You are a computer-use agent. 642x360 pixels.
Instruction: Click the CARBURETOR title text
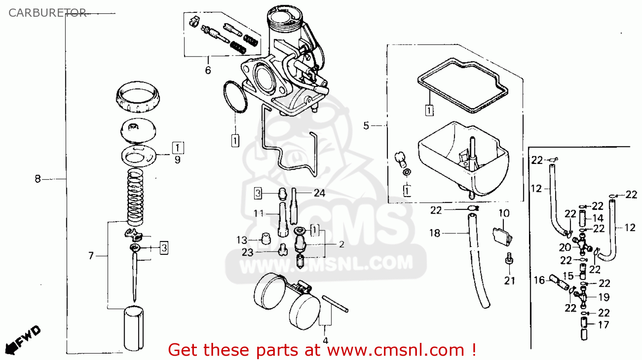(x=47, y=13)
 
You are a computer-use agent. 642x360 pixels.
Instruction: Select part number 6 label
(x=208, y=70)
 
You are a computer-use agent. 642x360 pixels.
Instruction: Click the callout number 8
(x=38, y=179)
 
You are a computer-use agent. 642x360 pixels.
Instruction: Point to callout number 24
(x=319, y=193)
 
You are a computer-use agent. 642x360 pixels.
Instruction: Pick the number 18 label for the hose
(x=434, y=233)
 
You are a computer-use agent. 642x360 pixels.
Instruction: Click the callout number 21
(x=509, y=280)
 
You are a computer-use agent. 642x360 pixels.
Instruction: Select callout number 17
(x=603, y=324)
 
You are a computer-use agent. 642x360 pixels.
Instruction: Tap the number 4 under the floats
(x=325, y=341)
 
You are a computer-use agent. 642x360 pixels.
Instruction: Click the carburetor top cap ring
(x=137, y=97)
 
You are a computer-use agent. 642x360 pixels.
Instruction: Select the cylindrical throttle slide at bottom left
(x=134, y=328)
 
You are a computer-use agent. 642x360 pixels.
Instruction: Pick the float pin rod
(x=335, y=304)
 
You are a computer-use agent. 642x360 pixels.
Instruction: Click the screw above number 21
(x=509, y=259)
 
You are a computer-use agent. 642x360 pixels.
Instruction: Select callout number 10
(x=504, y=213)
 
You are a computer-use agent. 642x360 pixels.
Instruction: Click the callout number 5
(x=366, y=125)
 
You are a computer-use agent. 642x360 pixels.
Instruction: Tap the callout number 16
(x=539, y=280)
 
